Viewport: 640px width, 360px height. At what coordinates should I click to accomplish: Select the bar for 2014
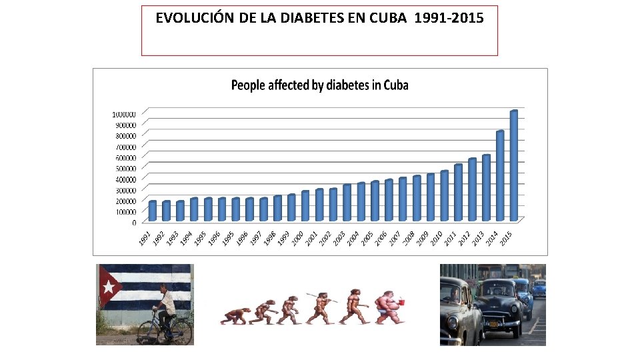[499, 176]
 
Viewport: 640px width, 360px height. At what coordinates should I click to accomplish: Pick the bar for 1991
[152, 211]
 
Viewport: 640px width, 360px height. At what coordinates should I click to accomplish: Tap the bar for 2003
[347, 203]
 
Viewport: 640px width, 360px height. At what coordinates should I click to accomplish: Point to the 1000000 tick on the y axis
[124, 114]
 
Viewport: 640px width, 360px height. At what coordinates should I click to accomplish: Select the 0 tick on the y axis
[135, 222]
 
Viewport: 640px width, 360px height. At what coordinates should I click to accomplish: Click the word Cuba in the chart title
[394, 85]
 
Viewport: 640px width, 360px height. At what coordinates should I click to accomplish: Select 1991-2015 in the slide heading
[449, 18]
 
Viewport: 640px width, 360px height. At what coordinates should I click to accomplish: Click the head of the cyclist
[164, 288]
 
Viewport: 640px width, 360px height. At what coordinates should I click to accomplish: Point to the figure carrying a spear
[321, 307]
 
